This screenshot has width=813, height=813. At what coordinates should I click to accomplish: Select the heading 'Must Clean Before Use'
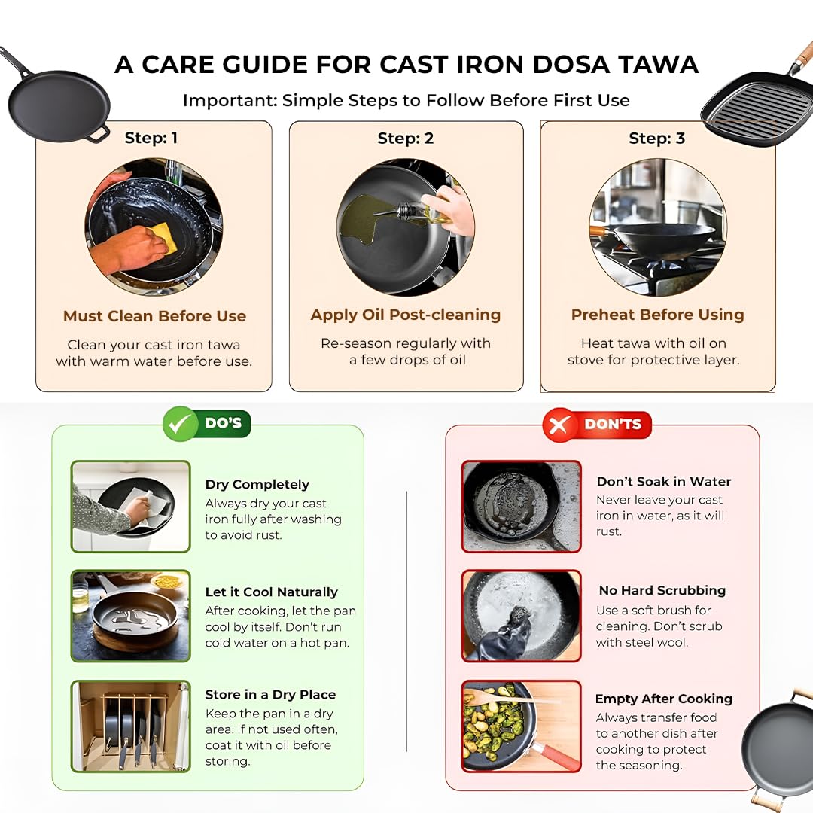coord(154,315)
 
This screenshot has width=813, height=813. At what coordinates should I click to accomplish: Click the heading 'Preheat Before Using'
coord(657,315)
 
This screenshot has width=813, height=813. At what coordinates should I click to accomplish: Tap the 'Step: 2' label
coord(406,138)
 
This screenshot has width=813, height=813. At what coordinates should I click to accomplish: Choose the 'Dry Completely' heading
coord(257,484)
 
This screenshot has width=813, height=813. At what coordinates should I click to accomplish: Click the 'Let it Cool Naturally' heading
coord(271,592)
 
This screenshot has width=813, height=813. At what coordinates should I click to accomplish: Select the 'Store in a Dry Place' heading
coord(270,694)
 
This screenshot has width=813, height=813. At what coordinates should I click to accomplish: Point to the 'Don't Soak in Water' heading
coord(664,482)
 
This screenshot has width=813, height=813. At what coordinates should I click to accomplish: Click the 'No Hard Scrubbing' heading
coord(662,591)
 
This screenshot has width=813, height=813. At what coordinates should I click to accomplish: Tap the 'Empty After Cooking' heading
coord(664,699)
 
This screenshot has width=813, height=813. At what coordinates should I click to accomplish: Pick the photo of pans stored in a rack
coord(131,726)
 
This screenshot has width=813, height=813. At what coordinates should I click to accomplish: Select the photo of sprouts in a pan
coord(521,726)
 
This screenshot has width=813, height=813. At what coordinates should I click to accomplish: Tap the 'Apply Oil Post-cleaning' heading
coord(406,315)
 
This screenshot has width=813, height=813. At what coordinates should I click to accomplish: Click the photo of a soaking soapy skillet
coord(521,507)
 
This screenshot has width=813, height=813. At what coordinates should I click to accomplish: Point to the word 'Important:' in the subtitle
coord(230,100)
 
